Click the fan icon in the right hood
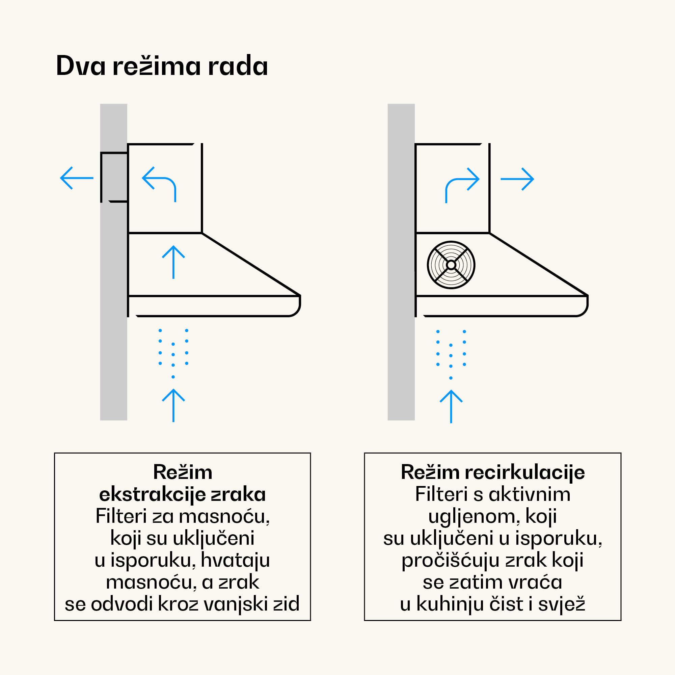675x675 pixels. click(451, 265)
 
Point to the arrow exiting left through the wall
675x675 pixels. click(77, 178)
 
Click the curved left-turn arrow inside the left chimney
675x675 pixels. click(159, 183)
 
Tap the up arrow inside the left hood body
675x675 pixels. click(173, 262)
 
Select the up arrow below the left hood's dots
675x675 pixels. click(173, 405)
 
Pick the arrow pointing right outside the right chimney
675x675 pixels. click(517, 179)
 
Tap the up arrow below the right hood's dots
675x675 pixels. click(451, 406)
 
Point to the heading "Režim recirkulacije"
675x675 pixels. click(493, 472)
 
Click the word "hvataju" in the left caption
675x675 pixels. click(235, 560)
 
